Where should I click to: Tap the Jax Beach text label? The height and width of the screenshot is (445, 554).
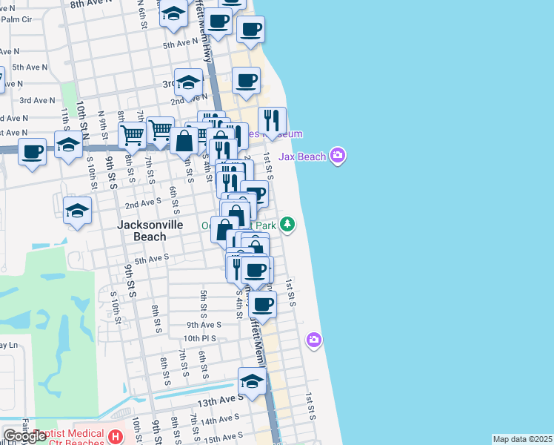(303, 156)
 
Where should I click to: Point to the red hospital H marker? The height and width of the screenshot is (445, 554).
(115, 436)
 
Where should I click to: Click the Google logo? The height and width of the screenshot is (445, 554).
(24, 436)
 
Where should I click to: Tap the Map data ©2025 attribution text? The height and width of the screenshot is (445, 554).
(522, 439)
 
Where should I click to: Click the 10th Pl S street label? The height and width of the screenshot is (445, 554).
(200, 338)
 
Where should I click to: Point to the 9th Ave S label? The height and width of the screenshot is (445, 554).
(204, 324)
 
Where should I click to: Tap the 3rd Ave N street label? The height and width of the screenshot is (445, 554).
(37, 100)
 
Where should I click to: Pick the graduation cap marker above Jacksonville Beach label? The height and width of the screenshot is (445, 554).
(77, 211)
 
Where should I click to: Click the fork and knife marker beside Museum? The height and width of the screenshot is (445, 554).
(272, 120)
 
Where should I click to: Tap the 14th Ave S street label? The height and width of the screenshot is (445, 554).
(218, 419)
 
